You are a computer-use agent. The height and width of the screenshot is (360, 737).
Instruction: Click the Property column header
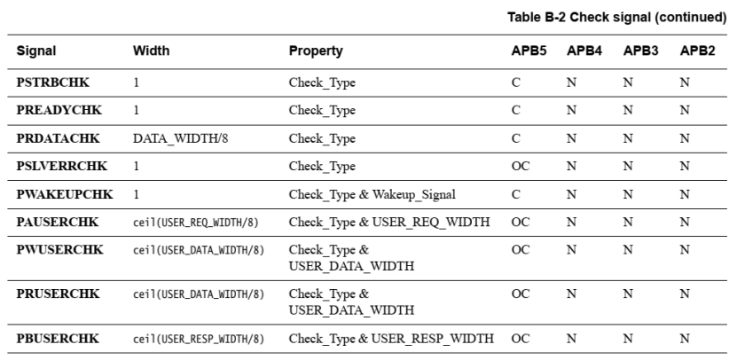(315, 51)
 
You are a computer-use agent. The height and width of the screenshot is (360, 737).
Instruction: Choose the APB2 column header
(697, 51)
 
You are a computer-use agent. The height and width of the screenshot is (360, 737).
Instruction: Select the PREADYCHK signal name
(53, 110)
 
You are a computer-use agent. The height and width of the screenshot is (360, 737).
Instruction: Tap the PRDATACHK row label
(53, 137)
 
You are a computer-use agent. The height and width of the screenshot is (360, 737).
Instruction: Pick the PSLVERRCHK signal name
(56, 166)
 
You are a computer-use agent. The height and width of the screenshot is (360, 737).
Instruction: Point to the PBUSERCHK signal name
(54, 338)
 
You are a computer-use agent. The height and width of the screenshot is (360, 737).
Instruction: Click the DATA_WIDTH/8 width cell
(173, 138)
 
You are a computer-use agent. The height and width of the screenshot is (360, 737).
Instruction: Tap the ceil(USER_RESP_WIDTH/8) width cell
(198, 339)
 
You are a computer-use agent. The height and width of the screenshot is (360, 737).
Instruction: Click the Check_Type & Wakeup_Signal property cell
(377, 193)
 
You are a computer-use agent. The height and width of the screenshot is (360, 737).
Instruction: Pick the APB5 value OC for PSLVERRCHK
(520, 166)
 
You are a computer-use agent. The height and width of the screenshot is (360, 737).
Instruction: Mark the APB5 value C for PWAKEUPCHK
(515, 193)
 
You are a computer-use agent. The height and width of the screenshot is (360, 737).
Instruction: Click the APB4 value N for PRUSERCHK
(572, 293)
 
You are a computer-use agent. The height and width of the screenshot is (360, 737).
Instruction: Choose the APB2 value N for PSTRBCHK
(684, 82)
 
